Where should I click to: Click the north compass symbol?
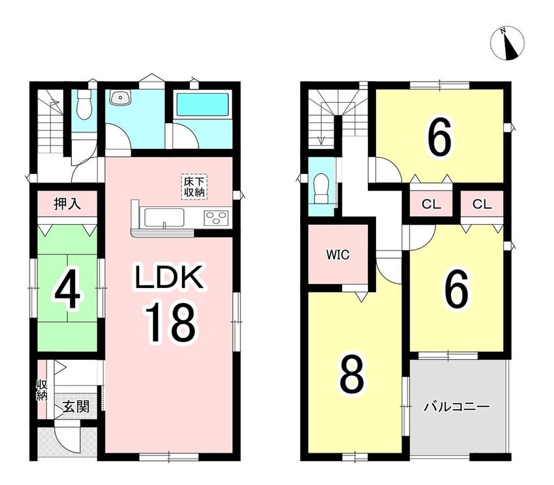[x=508, y=43]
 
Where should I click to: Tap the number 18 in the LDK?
[x=169, y=323]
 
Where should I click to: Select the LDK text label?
[x=169, y=277]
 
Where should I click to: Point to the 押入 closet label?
[x=67, y=204]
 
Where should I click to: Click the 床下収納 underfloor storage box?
[x=195, y=187]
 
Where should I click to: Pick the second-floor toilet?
[x=322, y=188]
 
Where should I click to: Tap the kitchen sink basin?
[x=164, y=217]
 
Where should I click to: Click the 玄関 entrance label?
[x=76, y=407]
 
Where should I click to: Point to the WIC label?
[x=338, y=254]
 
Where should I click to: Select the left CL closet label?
[x=431, y=204]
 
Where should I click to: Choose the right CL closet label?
[x=482, y=204]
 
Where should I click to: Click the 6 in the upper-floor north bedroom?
[x=439, y=137]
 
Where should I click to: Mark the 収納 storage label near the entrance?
[x=42, y=390]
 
